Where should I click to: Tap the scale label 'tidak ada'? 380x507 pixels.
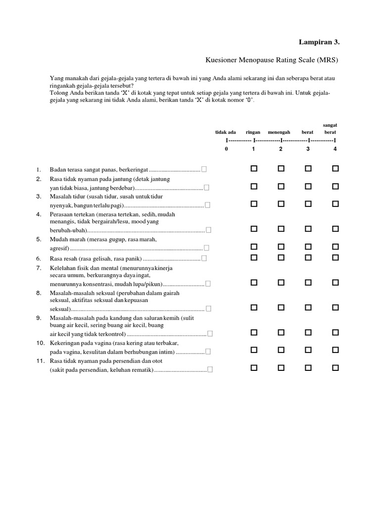pyautogui.click(x=225, y=133)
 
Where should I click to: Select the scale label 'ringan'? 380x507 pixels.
pyautogui.click(x=253, y=133)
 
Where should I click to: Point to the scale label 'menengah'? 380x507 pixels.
pyautogui.click(x=279, y=133)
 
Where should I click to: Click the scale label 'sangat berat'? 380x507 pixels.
pyautogui.click(x=330, y=129)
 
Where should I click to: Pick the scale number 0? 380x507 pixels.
pyautogui.click(x=226, y=149)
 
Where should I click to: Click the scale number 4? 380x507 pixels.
pyautogui.click(x=335, y=149)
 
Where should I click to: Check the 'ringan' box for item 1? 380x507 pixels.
pyautogui.click(x=254, y=169)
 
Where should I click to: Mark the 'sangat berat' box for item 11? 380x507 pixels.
pyautogui.click(x=335, y=368)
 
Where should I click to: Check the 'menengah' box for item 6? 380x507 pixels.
pyautogui.click(x=281, y=257)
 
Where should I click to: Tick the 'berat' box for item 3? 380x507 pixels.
pyautogui.click(x=308, y=203)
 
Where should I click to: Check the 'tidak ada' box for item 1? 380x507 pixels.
pyautogui.click(x=204, y=170)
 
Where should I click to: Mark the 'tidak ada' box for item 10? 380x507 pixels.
pyautogui.click(x=209, y=352)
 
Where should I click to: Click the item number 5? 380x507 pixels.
pyautogui.click(x=39, y=239)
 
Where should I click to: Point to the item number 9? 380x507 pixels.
pyautogui.click(x=39, y=317)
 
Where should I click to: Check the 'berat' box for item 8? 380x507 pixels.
pyautogui.click(x=308, y=307)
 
